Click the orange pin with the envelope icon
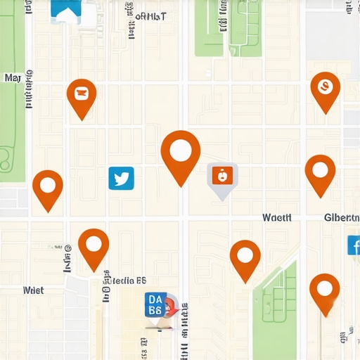point(82,92)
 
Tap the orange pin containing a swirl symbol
point(325,86)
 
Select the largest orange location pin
point(181,151)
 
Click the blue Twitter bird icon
point(121,178)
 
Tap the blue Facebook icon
point(354,245)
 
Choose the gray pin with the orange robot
point(222,176)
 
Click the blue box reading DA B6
point(155,306)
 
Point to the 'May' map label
point(13,78)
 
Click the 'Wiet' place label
point(33,290)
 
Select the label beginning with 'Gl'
point(342,218)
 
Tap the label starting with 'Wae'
point(276,218)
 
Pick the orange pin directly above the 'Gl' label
point(320,170)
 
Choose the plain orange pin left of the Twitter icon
point(47,186)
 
